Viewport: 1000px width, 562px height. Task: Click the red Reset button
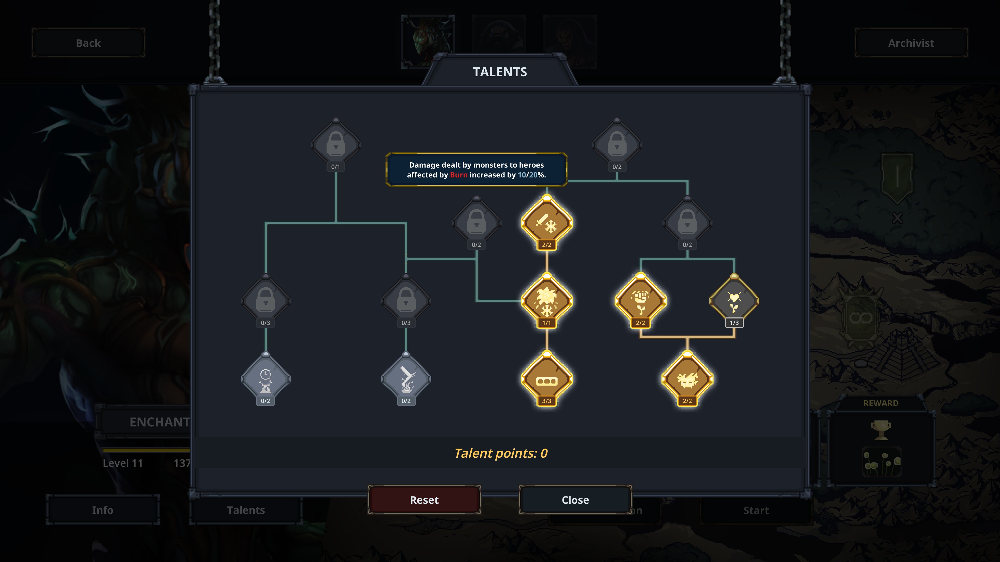tap(424, 500)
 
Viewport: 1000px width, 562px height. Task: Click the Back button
tap(89, 43)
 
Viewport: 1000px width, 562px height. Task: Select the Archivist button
tap(911, 43)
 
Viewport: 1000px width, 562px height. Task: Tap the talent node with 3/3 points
tap(547, 379)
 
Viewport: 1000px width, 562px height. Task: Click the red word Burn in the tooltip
tap(458, 175)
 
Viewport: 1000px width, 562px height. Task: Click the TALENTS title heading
tap(500, 72)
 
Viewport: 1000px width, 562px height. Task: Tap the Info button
tap(103, 510)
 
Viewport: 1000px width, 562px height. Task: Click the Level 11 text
tap(123, 463)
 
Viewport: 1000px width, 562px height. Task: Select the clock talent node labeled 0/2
tap(266, 379)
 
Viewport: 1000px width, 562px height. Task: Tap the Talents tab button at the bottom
tap(246, 510)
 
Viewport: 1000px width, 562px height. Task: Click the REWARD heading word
tap(880, 403)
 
